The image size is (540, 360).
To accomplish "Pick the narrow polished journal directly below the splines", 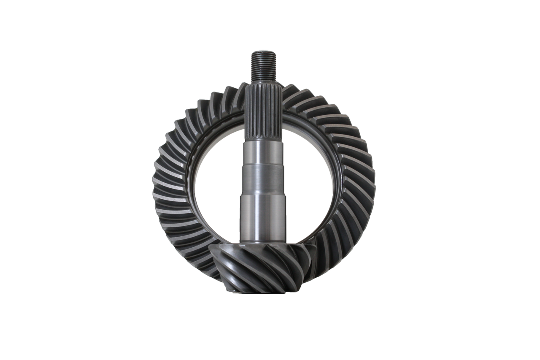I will [260, 153].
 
